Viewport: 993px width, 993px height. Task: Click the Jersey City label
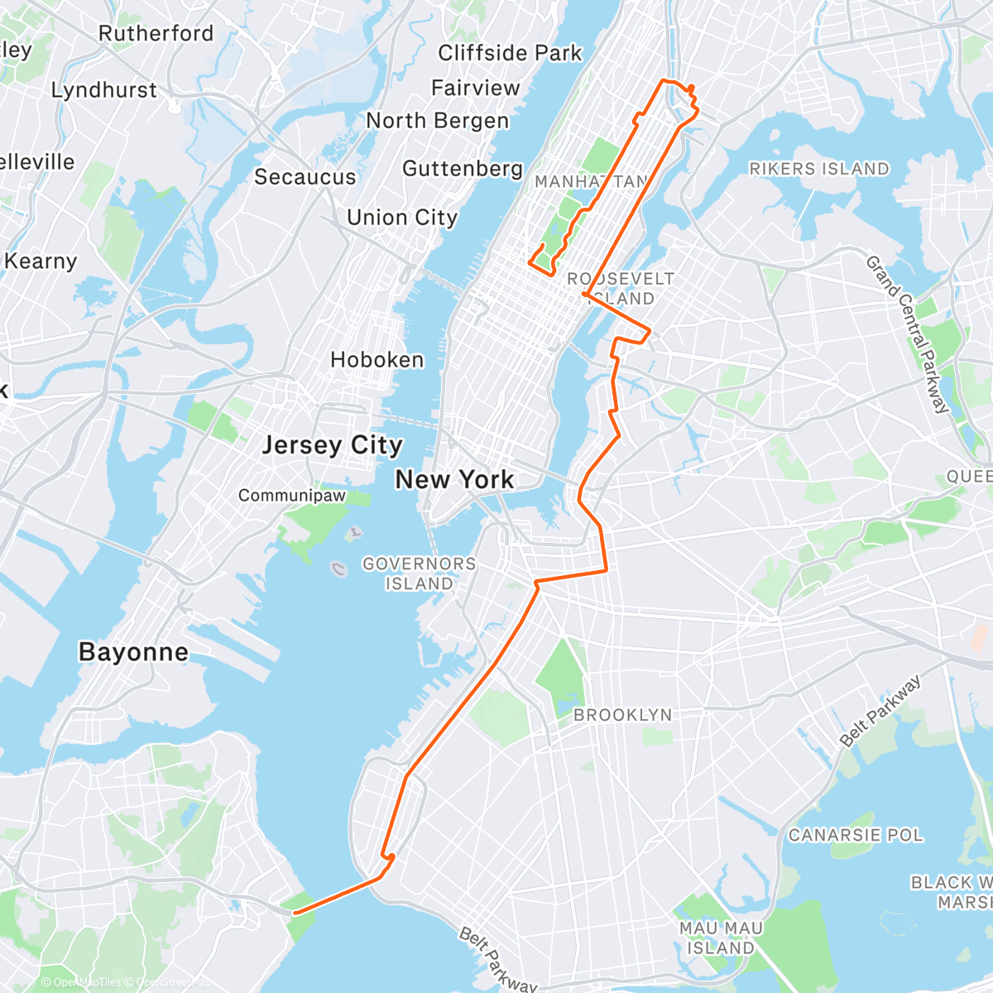tap(332, 445)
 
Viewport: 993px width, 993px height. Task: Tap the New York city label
tap(454, 479)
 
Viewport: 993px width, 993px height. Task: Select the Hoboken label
tap(377, 360)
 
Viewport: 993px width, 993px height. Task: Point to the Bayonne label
tap(133, 652)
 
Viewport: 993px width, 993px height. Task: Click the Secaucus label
tap(305, 177)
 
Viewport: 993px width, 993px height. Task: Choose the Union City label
tap(402, 218)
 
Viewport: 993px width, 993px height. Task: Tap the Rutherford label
tap(156, 34)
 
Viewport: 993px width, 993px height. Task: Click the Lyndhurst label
tap(103, 90)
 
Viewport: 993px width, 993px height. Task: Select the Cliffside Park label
tap(510, 53)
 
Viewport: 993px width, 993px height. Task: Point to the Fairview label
tap(475, 88)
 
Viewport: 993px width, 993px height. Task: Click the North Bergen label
tap(437, 121)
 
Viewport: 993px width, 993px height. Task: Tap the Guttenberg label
tap(463, 169)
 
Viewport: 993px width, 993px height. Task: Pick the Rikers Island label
tap(818, 169)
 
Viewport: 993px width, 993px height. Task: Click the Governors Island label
tap(420, 573)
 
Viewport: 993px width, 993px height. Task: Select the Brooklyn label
tap(622, 715)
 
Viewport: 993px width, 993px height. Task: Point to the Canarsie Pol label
tap(855, 835)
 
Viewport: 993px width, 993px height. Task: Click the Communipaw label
tap(292, 496)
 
